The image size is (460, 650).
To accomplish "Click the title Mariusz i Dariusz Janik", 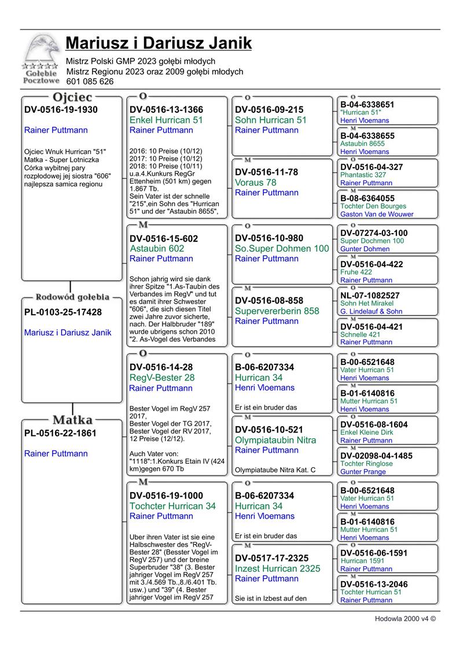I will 159,43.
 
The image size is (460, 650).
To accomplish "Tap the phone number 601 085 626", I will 90,82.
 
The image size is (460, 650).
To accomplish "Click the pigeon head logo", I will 42,50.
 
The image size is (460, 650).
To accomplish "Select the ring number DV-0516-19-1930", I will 61,109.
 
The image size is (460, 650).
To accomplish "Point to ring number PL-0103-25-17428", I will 63,312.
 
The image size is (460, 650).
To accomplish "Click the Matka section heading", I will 72,419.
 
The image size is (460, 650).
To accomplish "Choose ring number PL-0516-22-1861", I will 60,433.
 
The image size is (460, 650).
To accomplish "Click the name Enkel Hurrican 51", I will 166,120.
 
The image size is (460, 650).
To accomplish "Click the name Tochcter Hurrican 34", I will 172,506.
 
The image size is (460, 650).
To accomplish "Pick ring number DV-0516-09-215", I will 269,109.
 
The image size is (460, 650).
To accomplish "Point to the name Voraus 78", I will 256,183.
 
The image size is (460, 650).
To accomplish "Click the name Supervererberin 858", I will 277,311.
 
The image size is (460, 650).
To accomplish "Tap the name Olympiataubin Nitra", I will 275,440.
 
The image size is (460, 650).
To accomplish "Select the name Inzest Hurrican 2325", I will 278,568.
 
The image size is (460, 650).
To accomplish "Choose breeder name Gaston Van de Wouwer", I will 377,214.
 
